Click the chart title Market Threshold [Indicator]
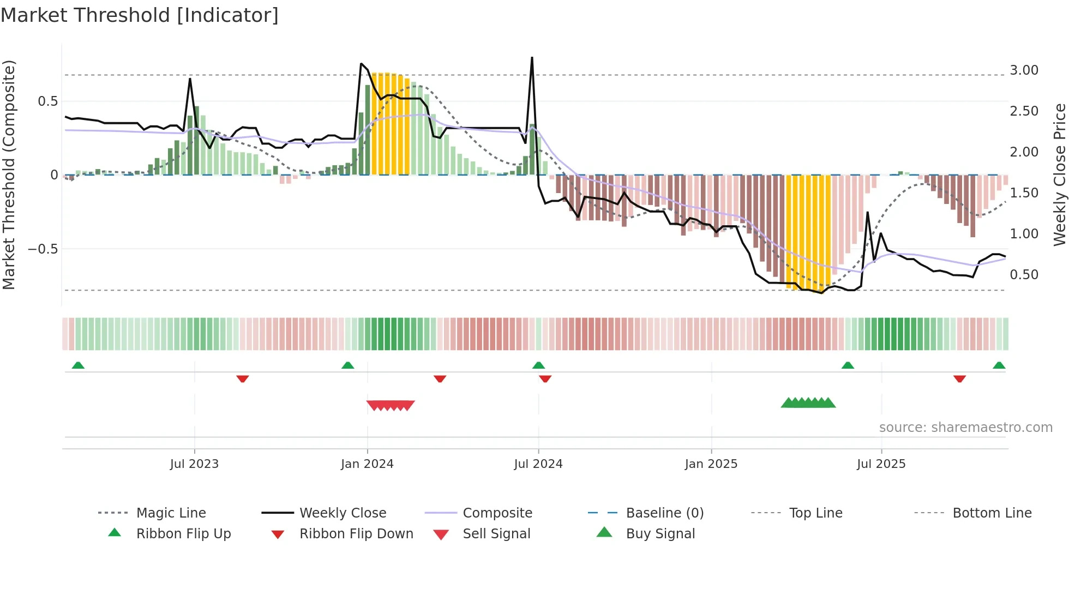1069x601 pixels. coord(140,15)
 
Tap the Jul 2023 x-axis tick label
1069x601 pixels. coord(194,464)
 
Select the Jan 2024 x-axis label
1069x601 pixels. coord(367,464)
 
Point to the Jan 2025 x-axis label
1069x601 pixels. coord(711,464)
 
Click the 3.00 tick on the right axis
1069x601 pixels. coord(1024,70)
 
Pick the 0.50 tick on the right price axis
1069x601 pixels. coord(1024,275)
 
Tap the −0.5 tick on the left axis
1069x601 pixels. coord(43,249)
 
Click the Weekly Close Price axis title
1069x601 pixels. coord(1059,175)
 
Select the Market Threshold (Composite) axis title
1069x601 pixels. coord(9,175)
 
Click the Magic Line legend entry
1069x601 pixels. coord(171,513)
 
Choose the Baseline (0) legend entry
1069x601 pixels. coord(664,513)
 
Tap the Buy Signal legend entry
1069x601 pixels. coord(660,534)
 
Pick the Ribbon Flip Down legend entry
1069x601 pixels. coord(356,534)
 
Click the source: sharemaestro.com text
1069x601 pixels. coord(965,428)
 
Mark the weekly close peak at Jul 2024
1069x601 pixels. coord(532,58)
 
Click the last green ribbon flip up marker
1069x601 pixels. coord(999,365)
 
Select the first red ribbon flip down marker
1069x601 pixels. coord(243,378)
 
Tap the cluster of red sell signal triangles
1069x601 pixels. coord(391,405)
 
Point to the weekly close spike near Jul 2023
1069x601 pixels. coord(190,79)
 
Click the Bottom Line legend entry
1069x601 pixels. coord(992,513)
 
